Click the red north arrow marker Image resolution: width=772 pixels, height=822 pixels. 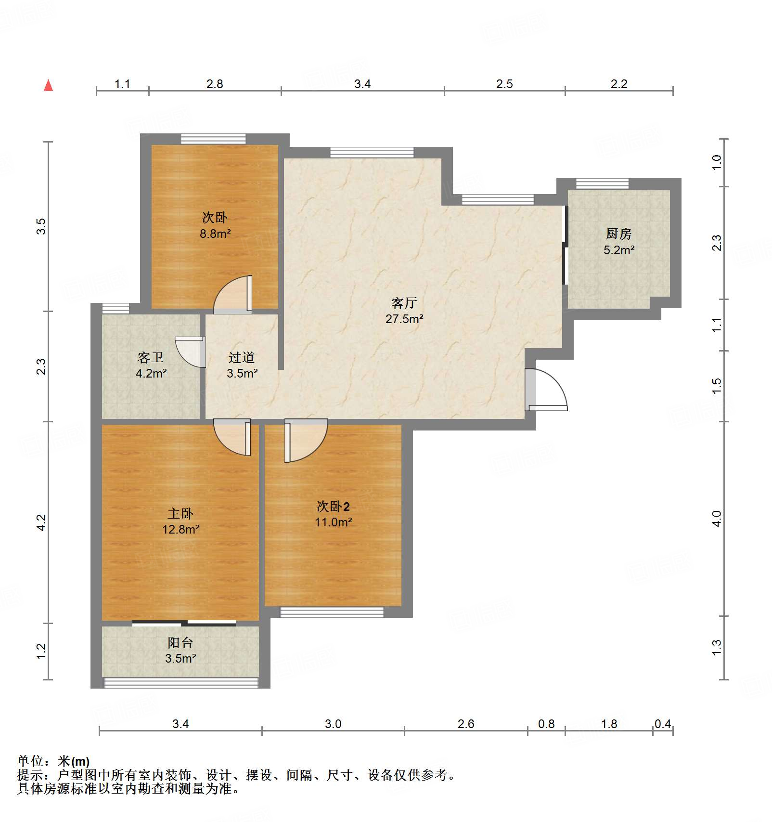click(48, 86)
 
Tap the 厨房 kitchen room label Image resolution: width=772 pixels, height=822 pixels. click(618, 234)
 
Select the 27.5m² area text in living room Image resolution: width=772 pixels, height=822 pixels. click(404, 319)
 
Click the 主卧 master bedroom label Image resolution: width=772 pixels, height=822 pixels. click(180, 513)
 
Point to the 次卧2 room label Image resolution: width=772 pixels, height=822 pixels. click(333, 506)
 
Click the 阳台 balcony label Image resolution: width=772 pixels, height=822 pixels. click(180, 642)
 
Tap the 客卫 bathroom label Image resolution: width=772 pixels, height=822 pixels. click(151, 357)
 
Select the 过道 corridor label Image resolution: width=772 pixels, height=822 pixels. click(242, 357)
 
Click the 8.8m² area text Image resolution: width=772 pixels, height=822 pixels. click(215, 234)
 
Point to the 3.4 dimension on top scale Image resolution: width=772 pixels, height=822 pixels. click(362, 84)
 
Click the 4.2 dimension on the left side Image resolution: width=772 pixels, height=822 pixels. click(41, 522)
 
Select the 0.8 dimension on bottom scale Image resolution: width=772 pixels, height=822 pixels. click(546, 724)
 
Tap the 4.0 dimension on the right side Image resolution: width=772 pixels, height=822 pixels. click(717, 519)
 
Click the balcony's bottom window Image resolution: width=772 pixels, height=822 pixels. click(181, 682)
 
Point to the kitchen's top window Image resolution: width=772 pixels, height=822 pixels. click(602, 183)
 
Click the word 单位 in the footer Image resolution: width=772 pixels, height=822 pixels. click(30, 761)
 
